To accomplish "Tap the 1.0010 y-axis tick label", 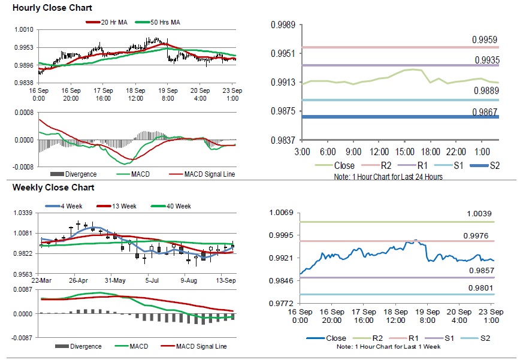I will pyautogui.click(x=24, y=29).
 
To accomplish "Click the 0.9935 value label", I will pyautogui.click(x=486, y=60).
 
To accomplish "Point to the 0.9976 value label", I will pyautogui.click(x=476, y=236).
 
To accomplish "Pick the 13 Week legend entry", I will pyautogui.click(x=122, y=206).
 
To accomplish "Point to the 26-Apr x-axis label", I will pyautogui.click(x=78, y=280).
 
